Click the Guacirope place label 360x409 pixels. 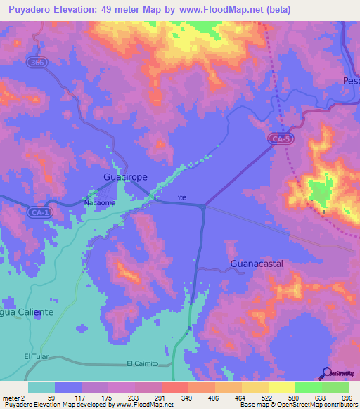(x=125, y=177)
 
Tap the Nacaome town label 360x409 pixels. (x=100, y=202)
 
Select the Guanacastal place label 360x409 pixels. (x=257, y=264)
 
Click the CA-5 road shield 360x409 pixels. (x=280, y=141)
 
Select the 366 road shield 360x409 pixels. (x=39, y=63)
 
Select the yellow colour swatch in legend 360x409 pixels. (x=281, y=387)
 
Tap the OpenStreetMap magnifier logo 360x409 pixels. (x=326, y=373)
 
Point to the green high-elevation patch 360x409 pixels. (x=322, y=193)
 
